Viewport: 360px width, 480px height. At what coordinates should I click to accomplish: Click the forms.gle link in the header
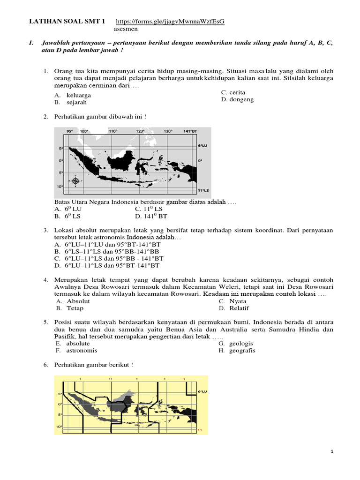click(170, 22)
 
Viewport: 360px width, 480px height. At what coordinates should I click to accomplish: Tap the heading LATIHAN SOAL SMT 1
click(68, 22)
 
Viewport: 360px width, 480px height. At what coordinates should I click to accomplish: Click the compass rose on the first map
click(75, 180)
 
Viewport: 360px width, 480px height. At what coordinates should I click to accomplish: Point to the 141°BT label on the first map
click(190, 131)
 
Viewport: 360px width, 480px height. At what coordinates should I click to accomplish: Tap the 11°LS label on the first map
click(202, 190)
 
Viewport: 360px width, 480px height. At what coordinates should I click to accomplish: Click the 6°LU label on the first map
click(202, 146)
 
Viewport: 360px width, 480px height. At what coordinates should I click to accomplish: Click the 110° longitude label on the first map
click(112, 131)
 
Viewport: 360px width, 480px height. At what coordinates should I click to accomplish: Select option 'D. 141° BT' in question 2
click(151, 216)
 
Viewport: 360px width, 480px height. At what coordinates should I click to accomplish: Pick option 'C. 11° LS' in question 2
click(149, 209)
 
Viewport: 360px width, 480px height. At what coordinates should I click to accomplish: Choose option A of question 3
click(107, 245)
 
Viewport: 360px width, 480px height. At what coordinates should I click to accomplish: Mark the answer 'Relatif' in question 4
click(239, 308)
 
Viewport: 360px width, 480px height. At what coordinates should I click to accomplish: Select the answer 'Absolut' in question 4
click(78, 301)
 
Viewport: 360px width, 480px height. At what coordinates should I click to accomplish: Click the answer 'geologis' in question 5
click(241, 343)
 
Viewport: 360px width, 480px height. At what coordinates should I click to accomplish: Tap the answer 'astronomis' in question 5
click(82, 350)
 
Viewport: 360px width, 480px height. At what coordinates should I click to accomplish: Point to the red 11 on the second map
click(200, 429)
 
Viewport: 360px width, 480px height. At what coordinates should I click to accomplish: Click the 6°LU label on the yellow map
click(202, 391)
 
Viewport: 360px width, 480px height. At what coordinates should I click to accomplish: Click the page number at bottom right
click(331, 451)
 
